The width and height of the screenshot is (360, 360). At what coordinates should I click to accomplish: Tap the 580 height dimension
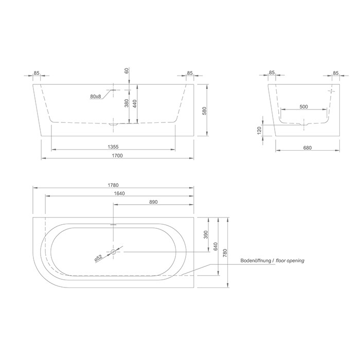click(x=205, y=111)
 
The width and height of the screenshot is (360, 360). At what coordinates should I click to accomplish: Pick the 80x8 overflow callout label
click(x=95, y=97)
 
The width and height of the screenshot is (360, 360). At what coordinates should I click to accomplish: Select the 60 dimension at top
click(x=127, y=70)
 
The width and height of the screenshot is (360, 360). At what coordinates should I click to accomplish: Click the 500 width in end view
click(x=303, y=106)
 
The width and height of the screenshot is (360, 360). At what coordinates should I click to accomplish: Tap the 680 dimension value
click(x=308, y=148)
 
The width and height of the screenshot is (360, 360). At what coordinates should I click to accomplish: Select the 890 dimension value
click(x=152, y=202)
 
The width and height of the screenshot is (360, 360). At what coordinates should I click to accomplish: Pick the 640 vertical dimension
click(x=216, y=246)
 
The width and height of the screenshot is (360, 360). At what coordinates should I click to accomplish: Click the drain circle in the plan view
click(x=114, y=251)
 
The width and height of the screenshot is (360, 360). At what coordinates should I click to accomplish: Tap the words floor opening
click(x=291, y=261)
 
